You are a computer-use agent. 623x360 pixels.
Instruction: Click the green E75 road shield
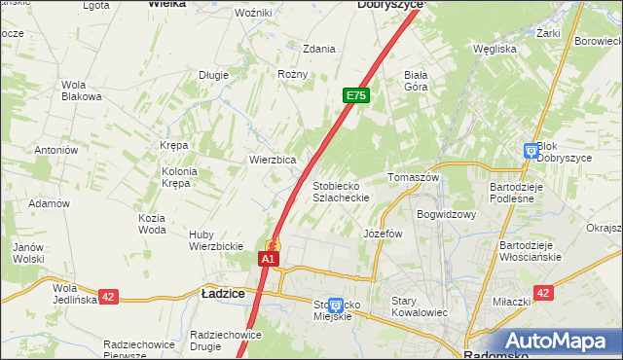355,96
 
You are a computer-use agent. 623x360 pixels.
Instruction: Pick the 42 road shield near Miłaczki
543,293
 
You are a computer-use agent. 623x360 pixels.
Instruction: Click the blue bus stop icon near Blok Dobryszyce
531,151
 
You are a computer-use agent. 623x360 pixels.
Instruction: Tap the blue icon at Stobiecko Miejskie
336,306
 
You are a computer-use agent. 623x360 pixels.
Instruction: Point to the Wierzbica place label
273,160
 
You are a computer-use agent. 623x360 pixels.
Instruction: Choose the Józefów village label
383,234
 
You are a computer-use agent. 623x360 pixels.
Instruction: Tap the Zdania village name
318,49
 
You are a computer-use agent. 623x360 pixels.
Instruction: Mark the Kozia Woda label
152,224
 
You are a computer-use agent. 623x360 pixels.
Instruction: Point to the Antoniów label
55,150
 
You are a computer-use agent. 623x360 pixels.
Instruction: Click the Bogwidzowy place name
446,214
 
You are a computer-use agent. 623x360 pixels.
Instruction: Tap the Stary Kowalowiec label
419,306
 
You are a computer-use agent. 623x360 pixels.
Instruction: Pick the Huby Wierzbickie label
215,240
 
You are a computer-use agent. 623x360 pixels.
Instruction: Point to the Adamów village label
49,203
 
